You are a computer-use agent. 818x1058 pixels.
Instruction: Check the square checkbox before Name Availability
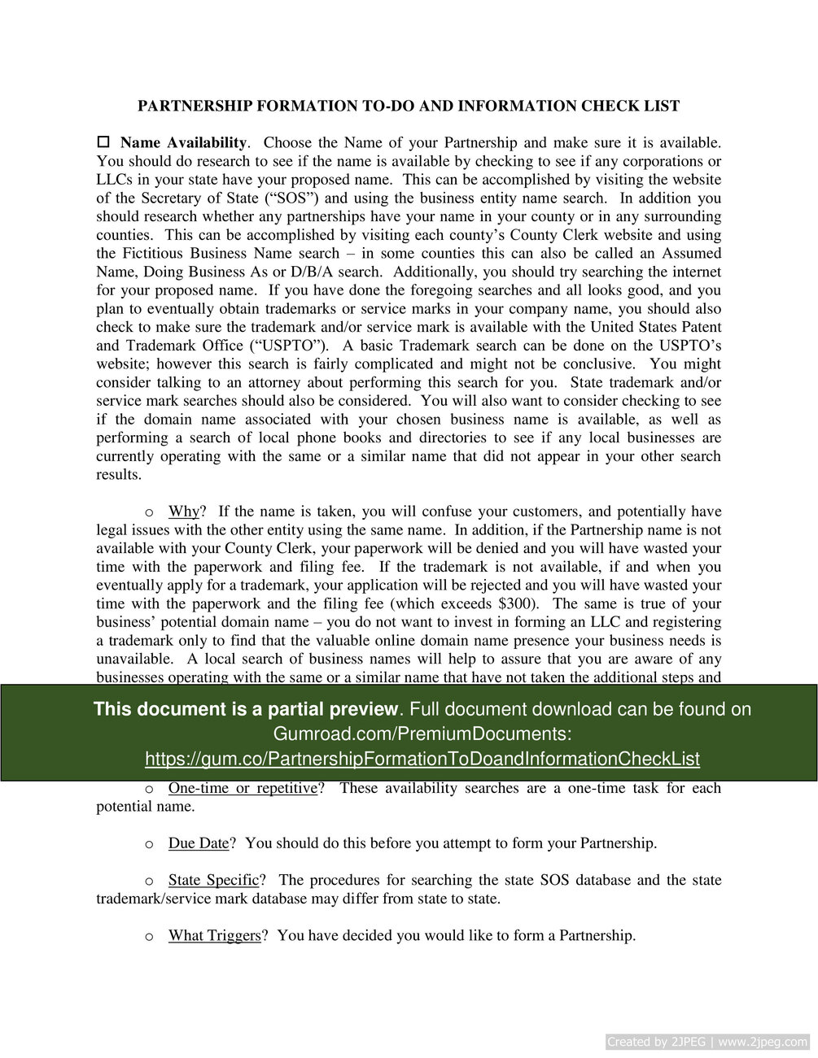pos(103,143)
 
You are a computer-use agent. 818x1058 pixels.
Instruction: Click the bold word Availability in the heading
pos(207,143)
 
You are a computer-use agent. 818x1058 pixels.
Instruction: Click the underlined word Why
pos(183,512)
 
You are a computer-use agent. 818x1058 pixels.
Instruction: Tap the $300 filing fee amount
pos(515,604)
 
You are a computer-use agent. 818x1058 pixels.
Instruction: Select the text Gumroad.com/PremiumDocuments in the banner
pos(422,734)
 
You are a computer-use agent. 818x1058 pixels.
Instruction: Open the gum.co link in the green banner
pos(422,759)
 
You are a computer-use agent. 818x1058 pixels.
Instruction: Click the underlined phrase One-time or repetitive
pos(242,788)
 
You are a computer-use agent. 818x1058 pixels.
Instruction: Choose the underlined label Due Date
pos(198,843)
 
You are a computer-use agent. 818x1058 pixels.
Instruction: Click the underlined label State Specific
pos(213,880)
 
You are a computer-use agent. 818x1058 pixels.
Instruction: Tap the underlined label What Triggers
pos(214,936)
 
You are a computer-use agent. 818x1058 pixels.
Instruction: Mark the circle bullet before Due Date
pos(149,844)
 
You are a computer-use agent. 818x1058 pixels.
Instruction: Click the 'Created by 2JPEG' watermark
pos(707,1042)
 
